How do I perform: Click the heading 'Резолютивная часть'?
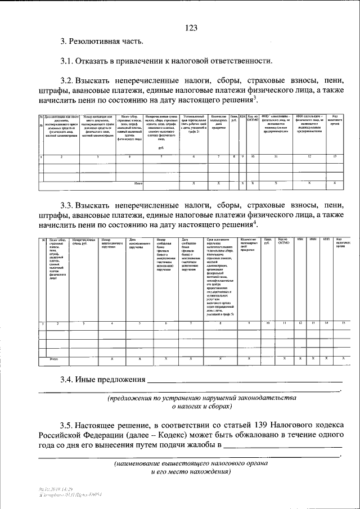(107, 41)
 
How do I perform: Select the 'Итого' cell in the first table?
(138, 183)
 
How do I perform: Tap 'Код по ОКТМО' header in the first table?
(253, 119)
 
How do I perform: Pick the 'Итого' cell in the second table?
(55, 358)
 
